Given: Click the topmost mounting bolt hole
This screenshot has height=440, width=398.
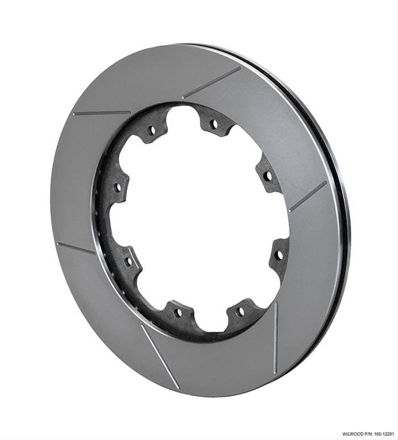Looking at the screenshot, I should click(x=213, y=123).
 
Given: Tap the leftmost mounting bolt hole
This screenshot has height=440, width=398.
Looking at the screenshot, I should click(x=118, y=186).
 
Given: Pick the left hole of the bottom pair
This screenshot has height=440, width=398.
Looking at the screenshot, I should click(x=178, y=312).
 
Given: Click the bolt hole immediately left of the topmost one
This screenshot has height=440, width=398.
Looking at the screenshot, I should click(x=152, y=130).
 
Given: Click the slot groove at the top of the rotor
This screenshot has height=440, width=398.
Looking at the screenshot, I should click(x=212, y=83).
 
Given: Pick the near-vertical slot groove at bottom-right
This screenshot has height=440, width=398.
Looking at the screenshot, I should click(x=274, y=335).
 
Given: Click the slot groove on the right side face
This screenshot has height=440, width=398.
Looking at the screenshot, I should click(x=308, y=196).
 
